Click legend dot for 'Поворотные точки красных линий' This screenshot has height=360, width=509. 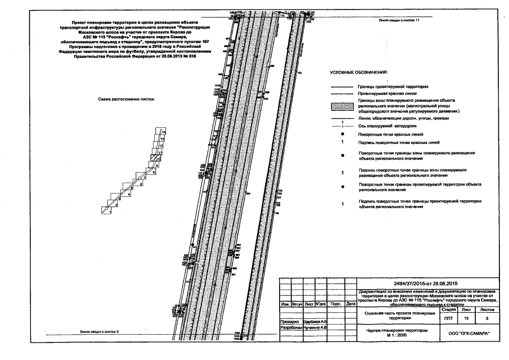pos(343,135)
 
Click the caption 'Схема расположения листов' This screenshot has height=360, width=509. pos(127,99)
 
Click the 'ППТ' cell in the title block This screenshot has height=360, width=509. pos(448,318)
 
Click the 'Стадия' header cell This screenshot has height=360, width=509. pos(448,309)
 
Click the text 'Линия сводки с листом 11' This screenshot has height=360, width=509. pos(399,20)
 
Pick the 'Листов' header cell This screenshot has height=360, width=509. pos(484,309)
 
